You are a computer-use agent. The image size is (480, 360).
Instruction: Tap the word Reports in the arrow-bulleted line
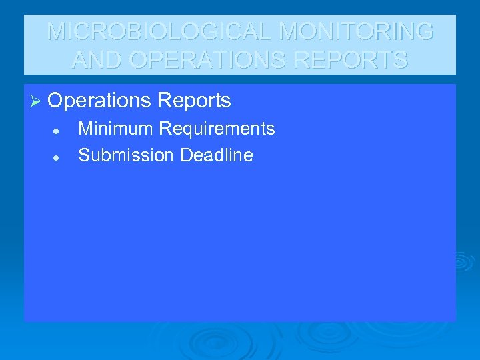pyautogui.click(x=195, y=101)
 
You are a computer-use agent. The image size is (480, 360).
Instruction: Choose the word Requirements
pyautogui.click(x=216, y=129)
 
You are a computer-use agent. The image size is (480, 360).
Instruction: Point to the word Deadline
pyautogui.click(x=217, y=155)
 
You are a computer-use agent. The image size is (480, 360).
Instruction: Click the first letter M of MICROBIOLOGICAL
pyautogui.click(x=57, y=31)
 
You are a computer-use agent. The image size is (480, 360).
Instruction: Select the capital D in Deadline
pyautogui.click(x=186, y=155)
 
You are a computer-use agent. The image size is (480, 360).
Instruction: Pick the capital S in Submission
pyautogui.click(x=83, y=155)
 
